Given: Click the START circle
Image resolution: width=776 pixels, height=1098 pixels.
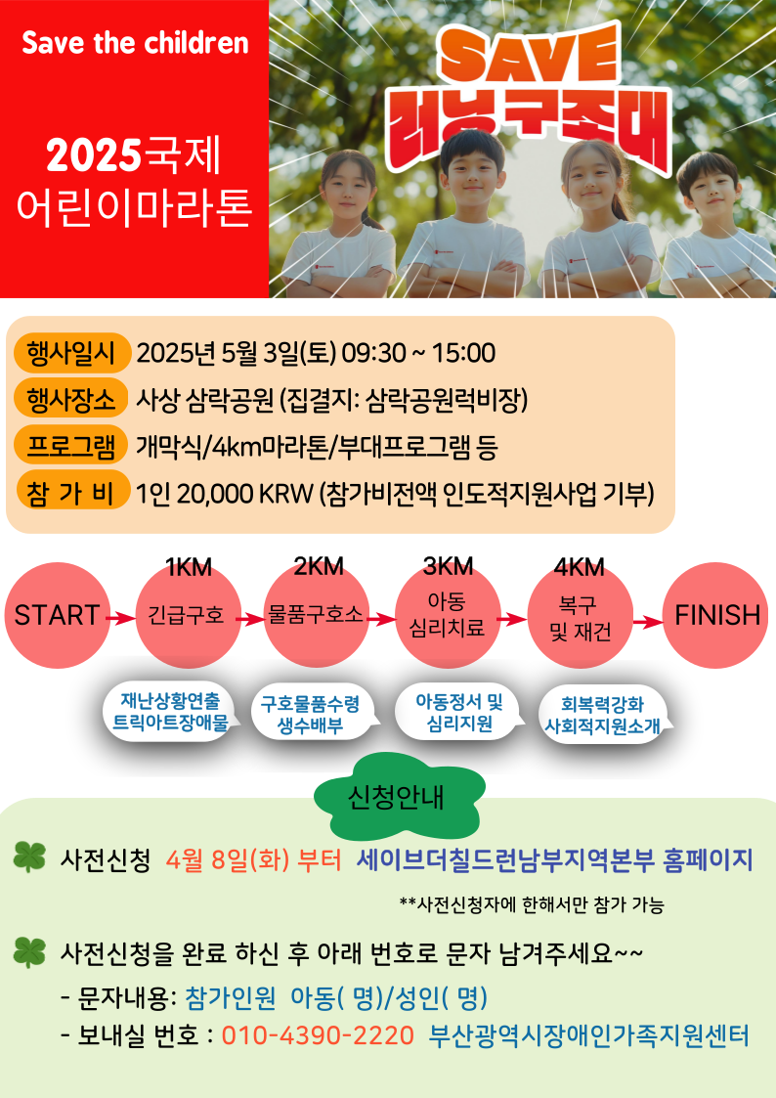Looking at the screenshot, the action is click(x=58, y=616).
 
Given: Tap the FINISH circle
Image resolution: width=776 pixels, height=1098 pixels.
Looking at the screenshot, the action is click(x=715, y=616).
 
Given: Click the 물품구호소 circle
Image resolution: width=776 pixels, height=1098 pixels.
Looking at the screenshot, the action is click(x=317, y=616).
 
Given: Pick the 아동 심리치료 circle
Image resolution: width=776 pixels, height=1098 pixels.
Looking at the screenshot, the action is click(x=448, y=616).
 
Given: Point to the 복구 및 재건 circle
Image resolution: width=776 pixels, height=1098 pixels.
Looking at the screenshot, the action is click(x=581, y=616).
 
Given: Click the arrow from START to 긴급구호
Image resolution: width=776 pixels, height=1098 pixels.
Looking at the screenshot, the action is click(x=121, y=618).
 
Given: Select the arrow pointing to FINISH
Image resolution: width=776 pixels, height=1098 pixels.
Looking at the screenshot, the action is click(x=649, y=621).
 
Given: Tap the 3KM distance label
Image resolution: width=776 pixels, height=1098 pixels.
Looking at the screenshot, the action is click(x=449, y=566).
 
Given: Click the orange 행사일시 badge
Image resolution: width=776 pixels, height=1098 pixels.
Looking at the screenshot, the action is click(x=71, y=353).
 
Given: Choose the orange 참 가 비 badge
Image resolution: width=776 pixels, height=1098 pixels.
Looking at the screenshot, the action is click(x=71, y=493).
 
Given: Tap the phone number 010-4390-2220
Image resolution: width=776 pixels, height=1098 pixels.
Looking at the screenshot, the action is click(x=319, y=1035).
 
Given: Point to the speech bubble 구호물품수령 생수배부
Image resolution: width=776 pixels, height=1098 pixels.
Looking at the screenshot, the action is click(x=315, y=715).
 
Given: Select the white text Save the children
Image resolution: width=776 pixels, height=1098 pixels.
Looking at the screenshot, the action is click(x=135, y=43).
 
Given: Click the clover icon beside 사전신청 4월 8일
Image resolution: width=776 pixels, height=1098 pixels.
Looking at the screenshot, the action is click(x=29, y=857).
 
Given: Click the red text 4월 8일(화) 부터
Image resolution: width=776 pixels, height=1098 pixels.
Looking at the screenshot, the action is click(x=253, y=859).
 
